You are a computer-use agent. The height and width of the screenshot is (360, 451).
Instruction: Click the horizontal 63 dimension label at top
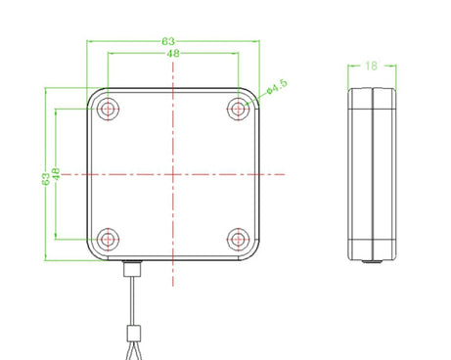168,41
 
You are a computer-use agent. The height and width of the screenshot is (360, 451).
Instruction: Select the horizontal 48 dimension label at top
173,53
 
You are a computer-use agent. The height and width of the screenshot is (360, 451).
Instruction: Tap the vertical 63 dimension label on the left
46,179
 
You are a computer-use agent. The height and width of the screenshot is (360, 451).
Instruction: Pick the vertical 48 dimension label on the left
56,174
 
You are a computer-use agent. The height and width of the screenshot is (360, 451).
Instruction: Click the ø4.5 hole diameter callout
277,86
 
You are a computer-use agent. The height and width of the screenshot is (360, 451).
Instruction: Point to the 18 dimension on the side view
371,66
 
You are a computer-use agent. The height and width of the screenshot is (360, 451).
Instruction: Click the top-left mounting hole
108,109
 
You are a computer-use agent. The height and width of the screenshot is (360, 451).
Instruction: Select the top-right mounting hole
239,109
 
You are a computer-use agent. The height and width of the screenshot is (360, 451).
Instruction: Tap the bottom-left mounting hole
108,240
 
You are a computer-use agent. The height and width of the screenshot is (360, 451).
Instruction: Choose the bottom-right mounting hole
239,240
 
